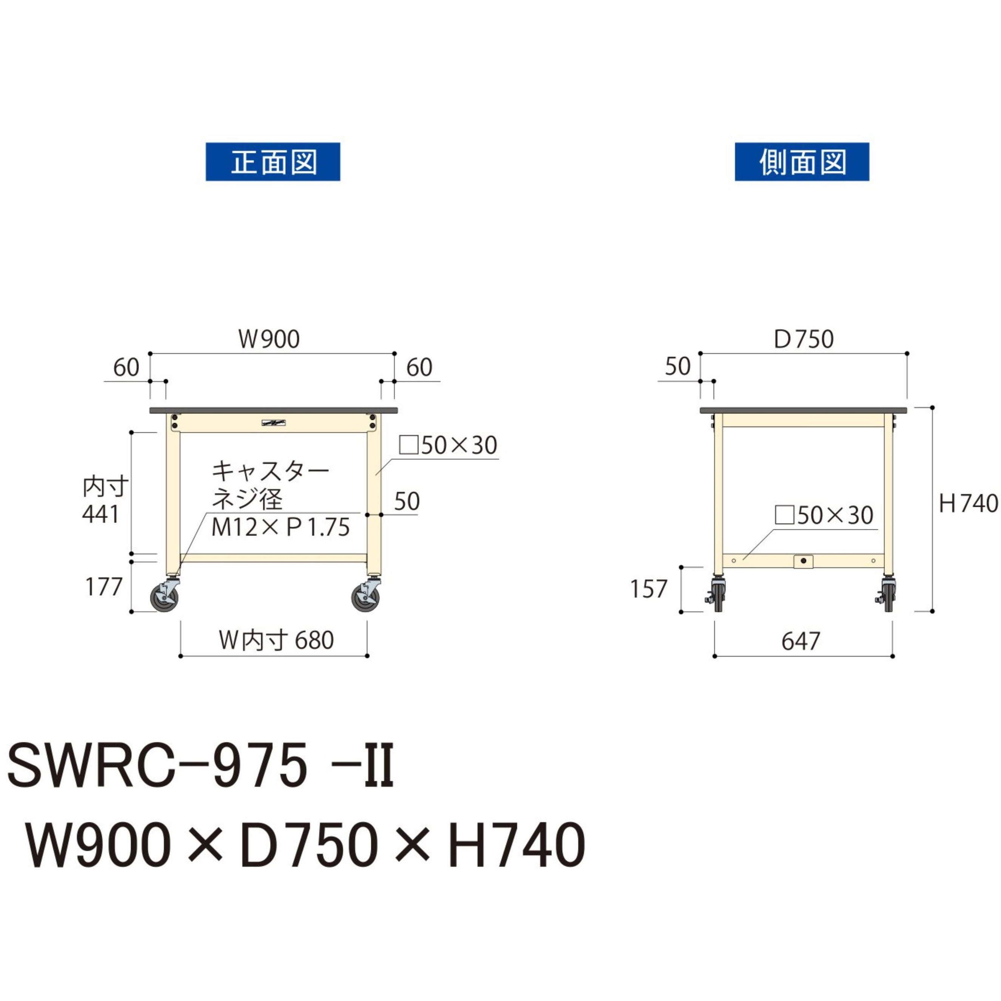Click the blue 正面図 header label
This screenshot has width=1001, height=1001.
point(273,162)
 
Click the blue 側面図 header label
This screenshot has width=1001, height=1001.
point(802,162)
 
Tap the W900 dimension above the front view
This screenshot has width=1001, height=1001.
point(269,339)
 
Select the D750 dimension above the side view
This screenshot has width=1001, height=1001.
point(803,340)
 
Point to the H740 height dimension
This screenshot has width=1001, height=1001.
point(968,503)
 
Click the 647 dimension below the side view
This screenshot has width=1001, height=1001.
point(800,642)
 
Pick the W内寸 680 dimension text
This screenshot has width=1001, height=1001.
point(276,640)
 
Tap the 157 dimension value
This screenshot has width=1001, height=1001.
point(648,589)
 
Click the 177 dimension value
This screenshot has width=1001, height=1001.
point(103,587)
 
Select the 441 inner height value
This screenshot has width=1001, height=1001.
point(101,515)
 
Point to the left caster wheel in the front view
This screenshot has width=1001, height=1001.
point(164,597)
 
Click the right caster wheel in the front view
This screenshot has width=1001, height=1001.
point(366,597)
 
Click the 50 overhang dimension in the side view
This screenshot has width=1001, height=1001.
point(678,367)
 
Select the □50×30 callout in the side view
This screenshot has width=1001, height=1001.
point(824,515)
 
